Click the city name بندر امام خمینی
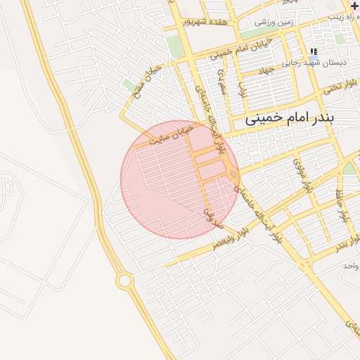point(299,120)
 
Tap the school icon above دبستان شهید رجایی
point(313,51)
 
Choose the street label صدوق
point(212,217)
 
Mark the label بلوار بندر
point(340,244)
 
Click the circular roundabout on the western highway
point(124,281)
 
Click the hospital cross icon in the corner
point(354,6)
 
